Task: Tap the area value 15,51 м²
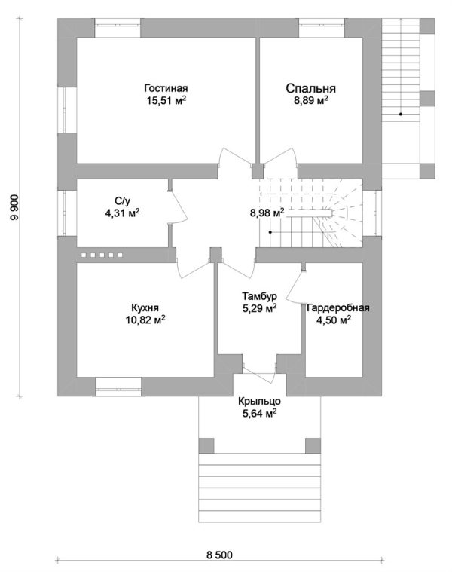click(164, 99)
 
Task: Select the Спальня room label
click(310, 87)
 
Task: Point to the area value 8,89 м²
click(310, 99)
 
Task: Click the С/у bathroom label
click(123, 200)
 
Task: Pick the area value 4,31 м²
click(123, 213)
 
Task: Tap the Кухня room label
click(145, 307)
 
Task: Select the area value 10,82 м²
click(145, 320)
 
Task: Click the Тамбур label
click(255, 295)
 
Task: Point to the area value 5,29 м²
click(255, 307)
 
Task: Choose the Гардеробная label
click(337, 307)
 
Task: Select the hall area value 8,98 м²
click(267, 213)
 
